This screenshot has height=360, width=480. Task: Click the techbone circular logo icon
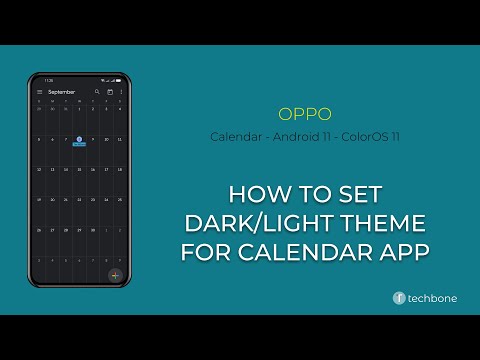(x=399, y=298)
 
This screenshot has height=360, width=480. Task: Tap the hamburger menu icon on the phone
(x=39, y=92)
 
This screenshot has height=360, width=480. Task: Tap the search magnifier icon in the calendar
(x=97, y=92)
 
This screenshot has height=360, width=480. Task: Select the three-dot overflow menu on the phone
(x=121, y=92)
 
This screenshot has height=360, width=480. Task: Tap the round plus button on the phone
(x=115, y=274)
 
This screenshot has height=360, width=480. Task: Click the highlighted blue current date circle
(x=79, y=139)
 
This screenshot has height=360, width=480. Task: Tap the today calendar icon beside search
(x=109, y=92)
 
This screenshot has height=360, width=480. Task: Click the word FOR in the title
(x=205, y=251)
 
